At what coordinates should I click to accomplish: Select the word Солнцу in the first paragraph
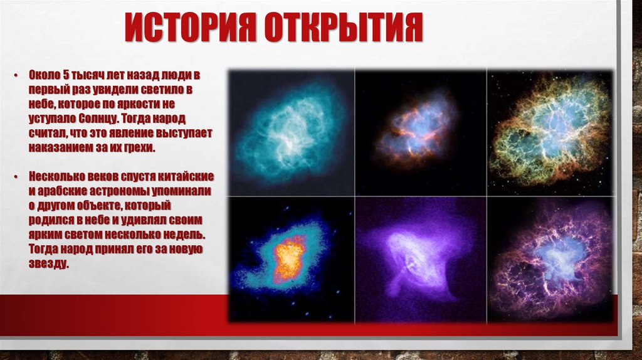click(x=99, y=117)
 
